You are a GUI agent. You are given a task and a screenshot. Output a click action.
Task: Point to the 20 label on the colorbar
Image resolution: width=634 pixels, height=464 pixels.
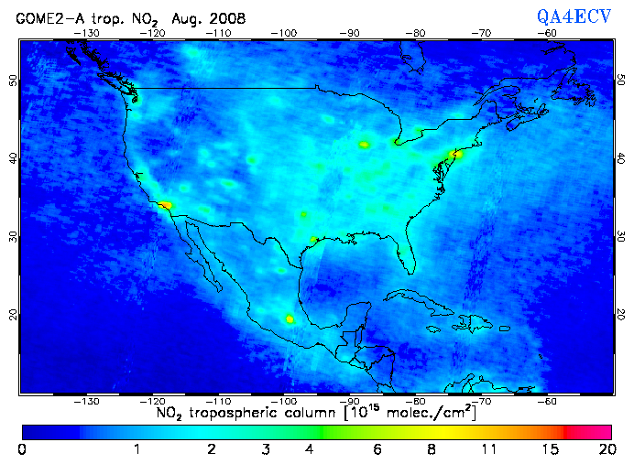coord(605,449)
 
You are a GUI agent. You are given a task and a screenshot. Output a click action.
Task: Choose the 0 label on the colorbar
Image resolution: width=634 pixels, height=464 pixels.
coord(22,449)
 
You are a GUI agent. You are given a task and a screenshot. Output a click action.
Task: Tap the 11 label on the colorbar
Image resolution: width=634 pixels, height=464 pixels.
coord(493,449)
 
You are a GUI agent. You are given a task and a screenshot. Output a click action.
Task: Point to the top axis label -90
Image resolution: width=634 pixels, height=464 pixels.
coord(351,32)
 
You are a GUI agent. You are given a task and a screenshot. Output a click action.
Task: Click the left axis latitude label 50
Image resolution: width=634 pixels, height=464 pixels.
coord(12,81)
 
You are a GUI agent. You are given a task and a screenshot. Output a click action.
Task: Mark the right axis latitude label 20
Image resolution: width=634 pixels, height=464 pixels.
coord(621,314)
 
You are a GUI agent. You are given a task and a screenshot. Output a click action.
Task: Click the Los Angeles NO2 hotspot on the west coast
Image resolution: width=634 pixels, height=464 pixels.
coord(165,205)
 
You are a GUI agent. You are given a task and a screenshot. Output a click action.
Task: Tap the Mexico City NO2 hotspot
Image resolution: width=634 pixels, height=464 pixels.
coord(290,319)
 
